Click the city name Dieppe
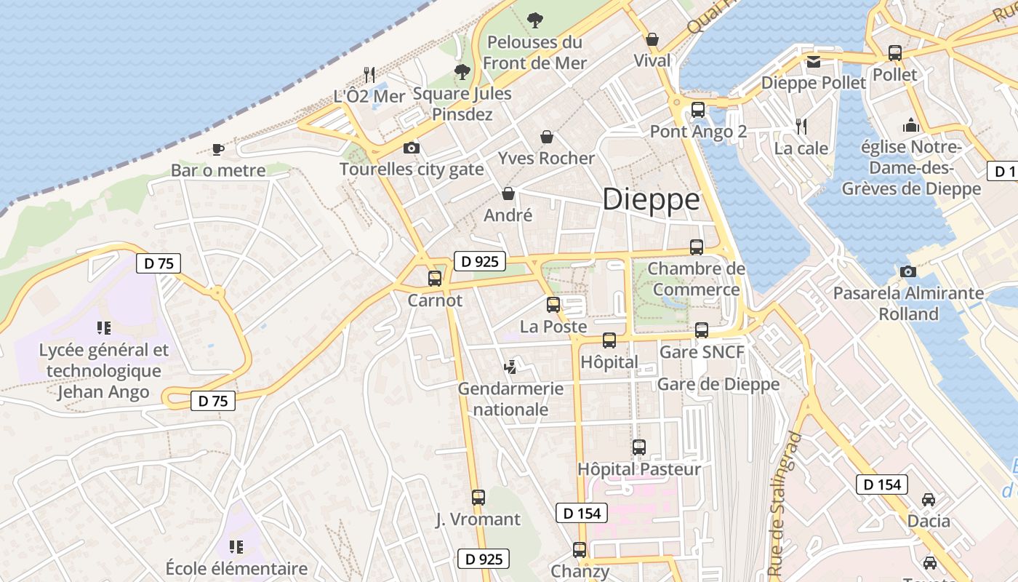coord(651,199)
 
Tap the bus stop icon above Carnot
coord(435,278)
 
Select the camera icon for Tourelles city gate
coord(411,148)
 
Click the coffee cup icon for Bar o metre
coord(217,150)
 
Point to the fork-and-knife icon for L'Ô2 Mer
coord(369,74)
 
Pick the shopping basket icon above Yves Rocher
coord(547,137)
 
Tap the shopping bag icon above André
coord(508,194)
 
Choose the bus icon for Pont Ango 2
coord(698,110)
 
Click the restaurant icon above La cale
coord(801,127)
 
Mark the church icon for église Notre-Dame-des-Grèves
coord(911,125)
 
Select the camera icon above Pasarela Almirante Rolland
coord(907,272)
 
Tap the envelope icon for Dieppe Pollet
coord(813,62)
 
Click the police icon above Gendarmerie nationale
coord(511,367)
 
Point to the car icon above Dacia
coord(929,500)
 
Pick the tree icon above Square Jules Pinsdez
coord(462,72)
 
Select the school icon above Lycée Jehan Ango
coord(103,328)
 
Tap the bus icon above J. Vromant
coord(478,498)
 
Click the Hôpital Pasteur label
coord(639,469)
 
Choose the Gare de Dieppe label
coord(718,384)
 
